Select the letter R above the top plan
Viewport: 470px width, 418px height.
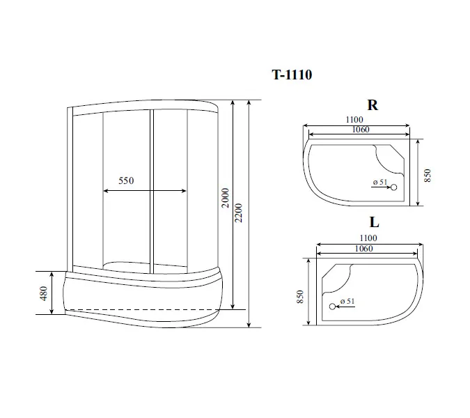click(x=373, y=105)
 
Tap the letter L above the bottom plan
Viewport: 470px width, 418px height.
click(x=374, y=223)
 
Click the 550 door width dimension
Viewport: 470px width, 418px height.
click(x=125, y=181)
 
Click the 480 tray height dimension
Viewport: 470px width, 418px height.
click(x=44, y=293)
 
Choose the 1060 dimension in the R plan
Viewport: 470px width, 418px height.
click(x=361, y=130)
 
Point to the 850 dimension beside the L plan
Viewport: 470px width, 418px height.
click(x=300, y=297)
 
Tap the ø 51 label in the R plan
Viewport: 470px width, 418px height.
click(x=379, y=182)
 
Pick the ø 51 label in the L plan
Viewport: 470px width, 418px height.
click(x=346, y=301)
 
